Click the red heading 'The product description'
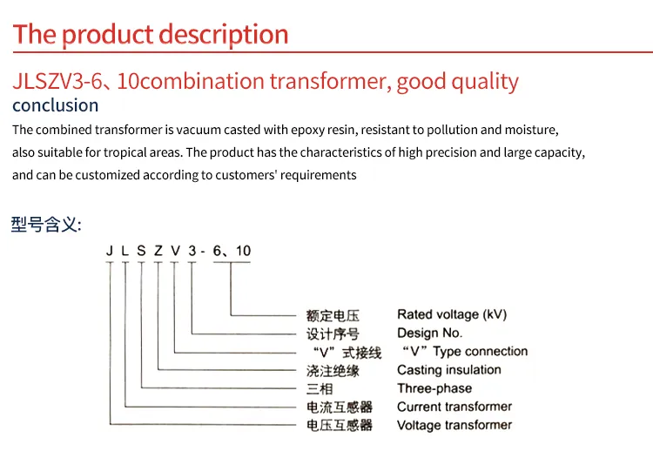coord(151,35)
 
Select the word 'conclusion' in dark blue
coord(56,105)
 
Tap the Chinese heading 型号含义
coord(46,225)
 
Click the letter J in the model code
coord(110,251)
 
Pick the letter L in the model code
coord(125,251)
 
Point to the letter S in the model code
coord(141,251)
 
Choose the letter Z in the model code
coord(158,251)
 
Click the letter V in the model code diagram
coord(175,251)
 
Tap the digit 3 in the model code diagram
coord(192,251)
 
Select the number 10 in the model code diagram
coord(243,251)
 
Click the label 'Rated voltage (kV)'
coord(452,315)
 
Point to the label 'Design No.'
coord(430,333)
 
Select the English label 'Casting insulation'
coord(449,370)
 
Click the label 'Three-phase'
coord(434,388)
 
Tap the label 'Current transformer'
coord(454,407)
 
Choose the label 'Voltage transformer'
coord(454,425)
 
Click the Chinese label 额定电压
coord(333,315)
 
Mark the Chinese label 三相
coord(320,389)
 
